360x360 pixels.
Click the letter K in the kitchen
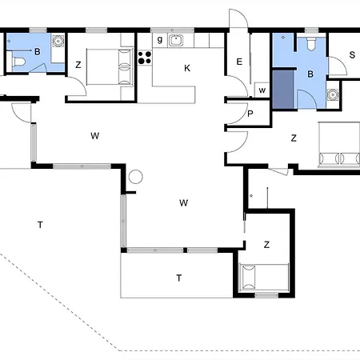(x=187, y=68)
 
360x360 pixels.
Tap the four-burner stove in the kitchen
(x=145, y=58)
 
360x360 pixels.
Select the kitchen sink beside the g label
(x=176, y=40)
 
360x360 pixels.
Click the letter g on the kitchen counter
(x=160, y=40)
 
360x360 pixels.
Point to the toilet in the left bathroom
(x=19, y=62)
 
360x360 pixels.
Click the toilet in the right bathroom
(x=311, y=43)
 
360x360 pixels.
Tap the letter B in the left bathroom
(x=38, y=51)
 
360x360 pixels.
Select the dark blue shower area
(x=283, y=89)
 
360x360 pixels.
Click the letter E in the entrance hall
(x=239, y=62)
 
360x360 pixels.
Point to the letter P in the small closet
(x=250, y=114)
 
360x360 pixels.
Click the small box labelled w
(x=262, y=90)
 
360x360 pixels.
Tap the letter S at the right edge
(x=352, y=55)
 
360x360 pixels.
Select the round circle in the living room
(x=135, y=177)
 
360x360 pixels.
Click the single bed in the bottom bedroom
(x=263, y=278)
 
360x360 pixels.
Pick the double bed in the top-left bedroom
(x=110, y=66)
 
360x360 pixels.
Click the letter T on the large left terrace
(x=40, y=225)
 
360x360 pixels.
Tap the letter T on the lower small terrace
(x=179, y=278)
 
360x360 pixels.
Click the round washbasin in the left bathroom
(x=58, y=41)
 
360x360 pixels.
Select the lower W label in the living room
(x=183, y=203)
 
